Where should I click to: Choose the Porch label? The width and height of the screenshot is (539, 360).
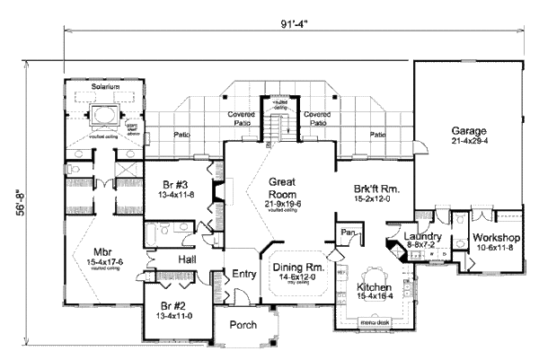(x=243, y=325)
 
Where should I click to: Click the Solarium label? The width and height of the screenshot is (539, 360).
(x=105, y=86)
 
